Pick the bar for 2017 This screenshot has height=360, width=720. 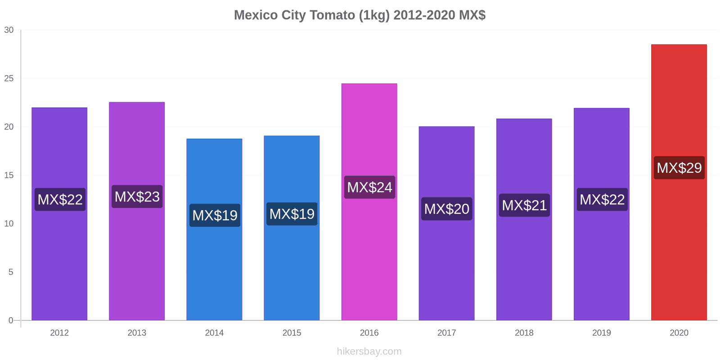[x=446, y=270]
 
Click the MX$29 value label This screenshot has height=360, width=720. [x=679, y=168]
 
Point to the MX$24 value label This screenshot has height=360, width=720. [x=369, y=187]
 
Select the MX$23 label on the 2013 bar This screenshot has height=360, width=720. [x=137, y=197]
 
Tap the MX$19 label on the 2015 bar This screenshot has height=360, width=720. [x=292, y=214]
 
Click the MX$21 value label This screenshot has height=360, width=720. [x=524, y=205]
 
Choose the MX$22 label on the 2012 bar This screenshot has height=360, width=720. [x=60, y=199]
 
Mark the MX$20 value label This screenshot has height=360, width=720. [x=447, y=209]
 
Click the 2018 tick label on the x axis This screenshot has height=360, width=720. [x=524, y=333]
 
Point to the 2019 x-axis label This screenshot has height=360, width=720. [x=602, y=333]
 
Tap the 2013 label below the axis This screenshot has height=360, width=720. [x=137, y=333]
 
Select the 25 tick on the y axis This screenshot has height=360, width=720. [x=9, y=79]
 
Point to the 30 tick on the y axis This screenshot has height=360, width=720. [x=9, y=30]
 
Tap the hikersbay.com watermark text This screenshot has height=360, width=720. [x=369, y=351]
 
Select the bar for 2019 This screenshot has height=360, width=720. [x=601, y=270]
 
